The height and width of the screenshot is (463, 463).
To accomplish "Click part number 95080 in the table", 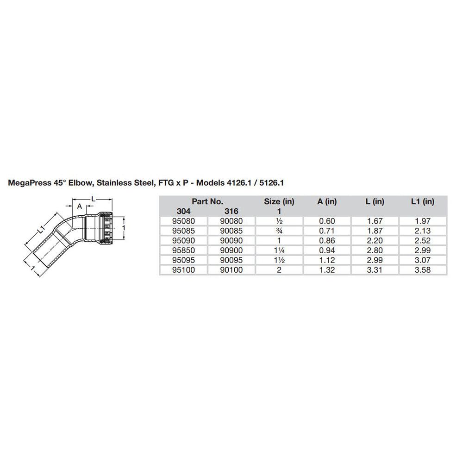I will point(183,221).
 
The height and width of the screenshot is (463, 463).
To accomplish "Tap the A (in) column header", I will point(327,201).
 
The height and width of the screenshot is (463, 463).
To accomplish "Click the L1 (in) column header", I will point(423,201).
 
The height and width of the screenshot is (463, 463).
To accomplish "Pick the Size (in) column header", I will point(279,201).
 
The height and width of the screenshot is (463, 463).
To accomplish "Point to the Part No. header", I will point(207,201).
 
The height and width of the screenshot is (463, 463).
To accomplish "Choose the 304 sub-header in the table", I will point(183,211).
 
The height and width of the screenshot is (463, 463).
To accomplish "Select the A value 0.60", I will point(327,221).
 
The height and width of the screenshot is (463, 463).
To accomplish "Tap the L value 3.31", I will point(375,269).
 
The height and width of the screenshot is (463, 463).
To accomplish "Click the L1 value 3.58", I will point(423,269).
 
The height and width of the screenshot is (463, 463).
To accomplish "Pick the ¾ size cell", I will point(279,231).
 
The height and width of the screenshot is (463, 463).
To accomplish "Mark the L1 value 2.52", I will point(423,240).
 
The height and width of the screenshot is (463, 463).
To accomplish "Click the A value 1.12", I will point(327,260).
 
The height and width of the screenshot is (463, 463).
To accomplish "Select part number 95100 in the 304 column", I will point(183,269).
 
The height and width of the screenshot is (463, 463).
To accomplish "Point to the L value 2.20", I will point(375,240).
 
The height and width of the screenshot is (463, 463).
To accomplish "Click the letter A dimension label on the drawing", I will point(79,206).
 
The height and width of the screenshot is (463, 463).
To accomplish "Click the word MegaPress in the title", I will point(29,183).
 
